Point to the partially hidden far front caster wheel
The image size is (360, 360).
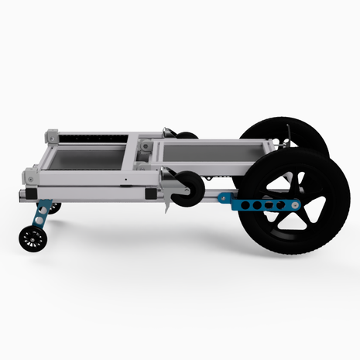[x=56, y=207]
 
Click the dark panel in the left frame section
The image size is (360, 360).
[x=85, y=160]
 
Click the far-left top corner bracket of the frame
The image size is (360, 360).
[x=52, y=135]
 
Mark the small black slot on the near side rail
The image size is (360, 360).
[x=123, y=183]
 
